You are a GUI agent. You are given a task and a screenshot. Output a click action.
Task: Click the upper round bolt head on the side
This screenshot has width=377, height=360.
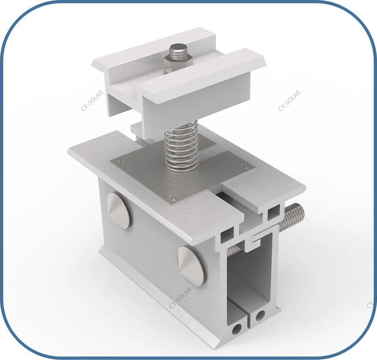coord(119,209)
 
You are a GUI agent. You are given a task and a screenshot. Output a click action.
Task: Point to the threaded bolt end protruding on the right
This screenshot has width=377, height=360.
coord(292,215)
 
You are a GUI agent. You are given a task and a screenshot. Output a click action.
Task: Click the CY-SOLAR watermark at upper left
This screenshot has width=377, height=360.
coord(92,100)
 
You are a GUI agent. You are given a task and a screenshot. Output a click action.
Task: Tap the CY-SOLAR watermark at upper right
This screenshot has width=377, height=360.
coord(289,100)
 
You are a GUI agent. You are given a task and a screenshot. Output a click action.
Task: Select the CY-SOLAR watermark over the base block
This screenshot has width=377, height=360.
coord(180,298)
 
